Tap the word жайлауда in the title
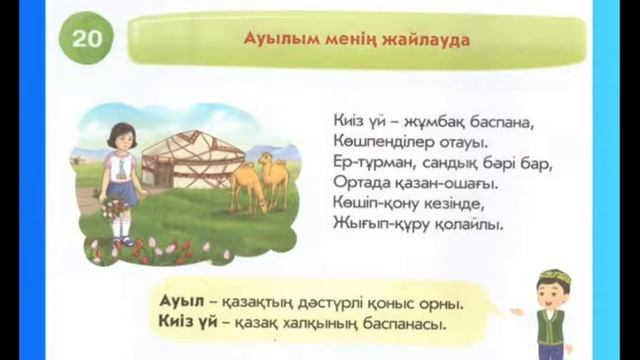point(427,40)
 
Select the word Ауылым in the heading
point(276,40)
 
